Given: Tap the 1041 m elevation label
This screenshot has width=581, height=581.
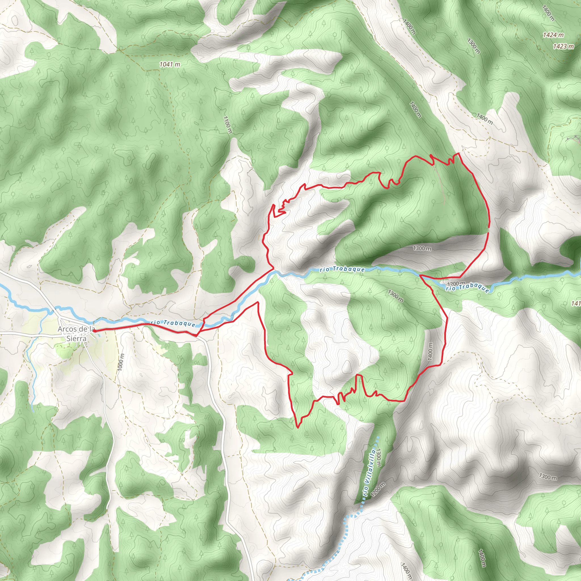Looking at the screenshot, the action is click(x=170, y=64).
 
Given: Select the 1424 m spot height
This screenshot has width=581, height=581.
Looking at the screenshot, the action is click(x=553, y=35).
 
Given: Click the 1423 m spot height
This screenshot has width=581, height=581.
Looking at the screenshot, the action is click(x=563, y=46).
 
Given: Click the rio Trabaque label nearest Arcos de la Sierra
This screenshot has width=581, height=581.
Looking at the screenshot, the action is click(x=173, y=323).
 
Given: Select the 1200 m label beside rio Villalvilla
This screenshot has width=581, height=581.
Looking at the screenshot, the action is click(x=378, y=489).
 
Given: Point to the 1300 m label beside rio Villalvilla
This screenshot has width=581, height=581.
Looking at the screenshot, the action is click(x=379, y=457).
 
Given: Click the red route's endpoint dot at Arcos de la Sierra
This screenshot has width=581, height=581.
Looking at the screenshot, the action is click(x=94, y=331).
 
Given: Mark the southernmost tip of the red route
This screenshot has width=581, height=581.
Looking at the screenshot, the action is click(x=297, y=427).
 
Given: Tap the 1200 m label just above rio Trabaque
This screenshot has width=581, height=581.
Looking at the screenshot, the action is click(x=456, y=283).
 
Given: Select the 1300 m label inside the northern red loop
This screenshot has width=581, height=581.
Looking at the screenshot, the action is click(x=422, y=249).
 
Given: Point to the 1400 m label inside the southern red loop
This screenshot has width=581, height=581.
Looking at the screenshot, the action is click(x=430, y=351).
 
